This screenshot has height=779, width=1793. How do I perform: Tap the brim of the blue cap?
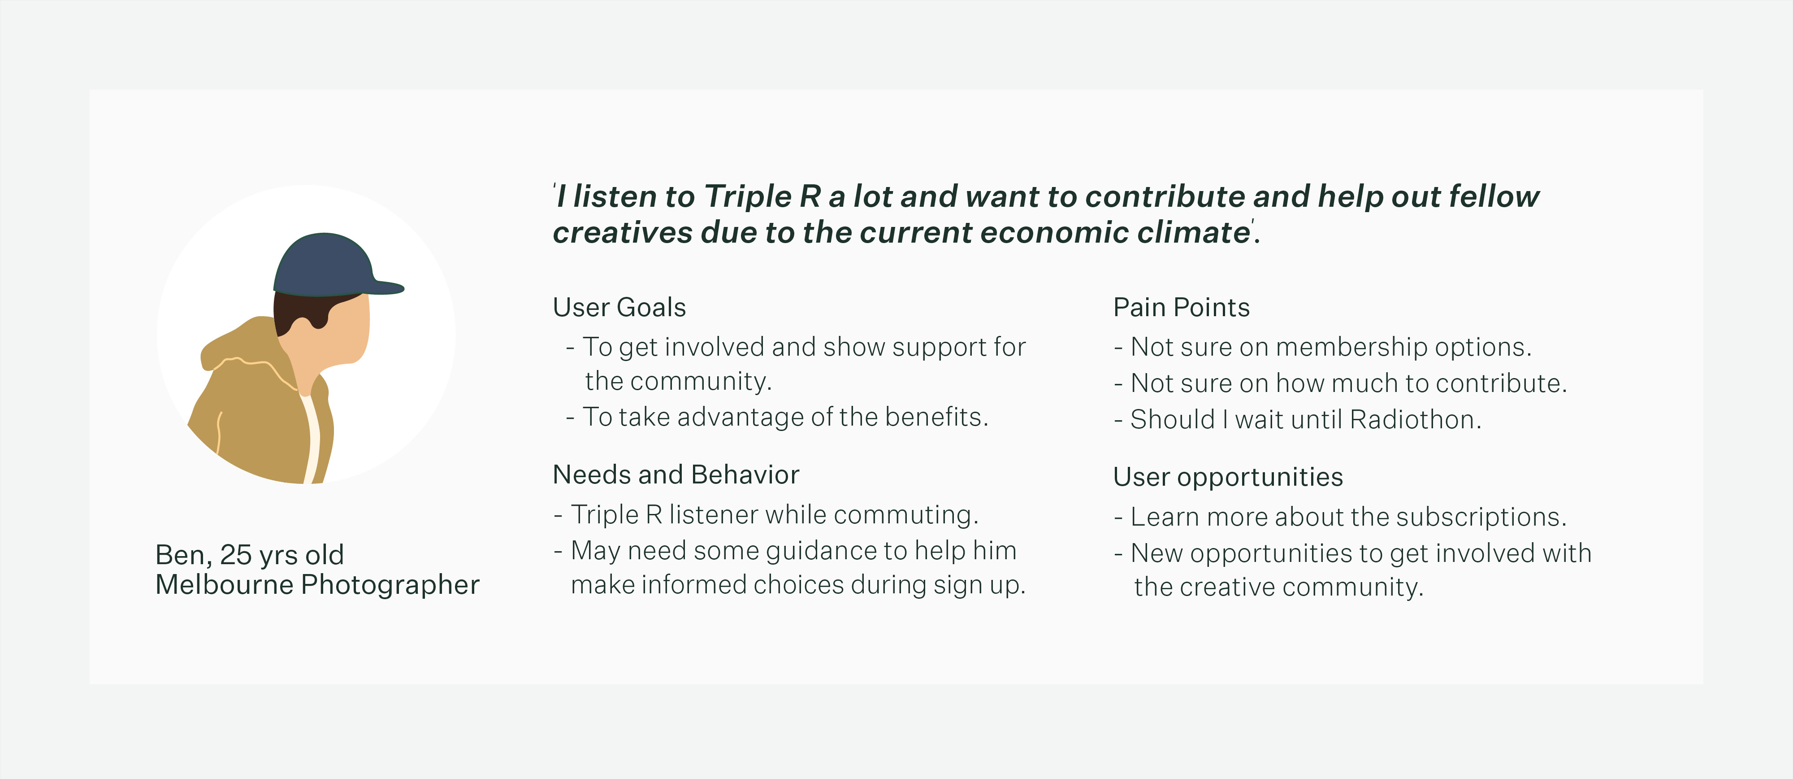386,287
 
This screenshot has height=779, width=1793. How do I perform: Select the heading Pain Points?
1181,308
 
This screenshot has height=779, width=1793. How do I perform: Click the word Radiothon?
1415,420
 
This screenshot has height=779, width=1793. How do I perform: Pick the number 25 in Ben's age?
235,555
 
